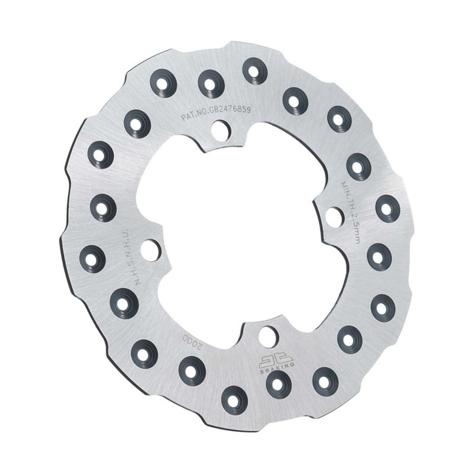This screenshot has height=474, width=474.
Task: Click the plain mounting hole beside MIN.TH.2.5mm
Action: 334,215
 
